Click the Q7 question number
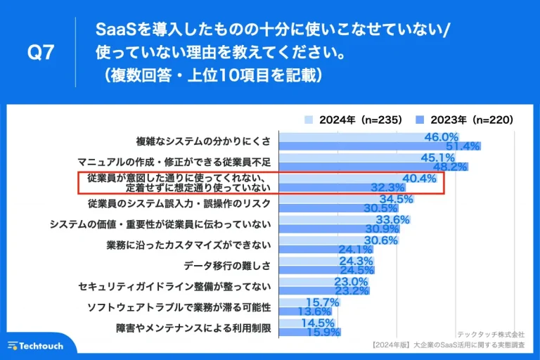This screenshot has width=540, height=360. (39, 53)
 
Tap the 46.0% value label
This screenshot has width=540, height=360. (442, 136)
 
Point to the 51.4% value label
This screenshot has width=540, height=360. (463, 146)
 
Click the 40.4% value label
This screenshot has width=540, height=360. (419, 178)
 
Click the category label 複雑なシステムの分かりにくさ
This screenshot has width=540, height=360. (203, 141)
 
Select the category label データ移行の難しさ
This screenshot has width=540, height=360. (227, 265)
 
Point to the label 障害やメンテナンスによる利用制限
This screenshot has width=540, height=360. (193, 327)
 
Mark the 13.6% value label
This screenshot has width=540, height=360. (314, 311)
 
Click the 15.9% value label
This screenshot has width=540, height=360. (323, 332)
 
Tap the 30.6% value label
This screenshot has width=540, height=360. (381, 240)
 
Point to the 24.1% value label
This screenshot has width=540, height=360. (356, 250)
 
